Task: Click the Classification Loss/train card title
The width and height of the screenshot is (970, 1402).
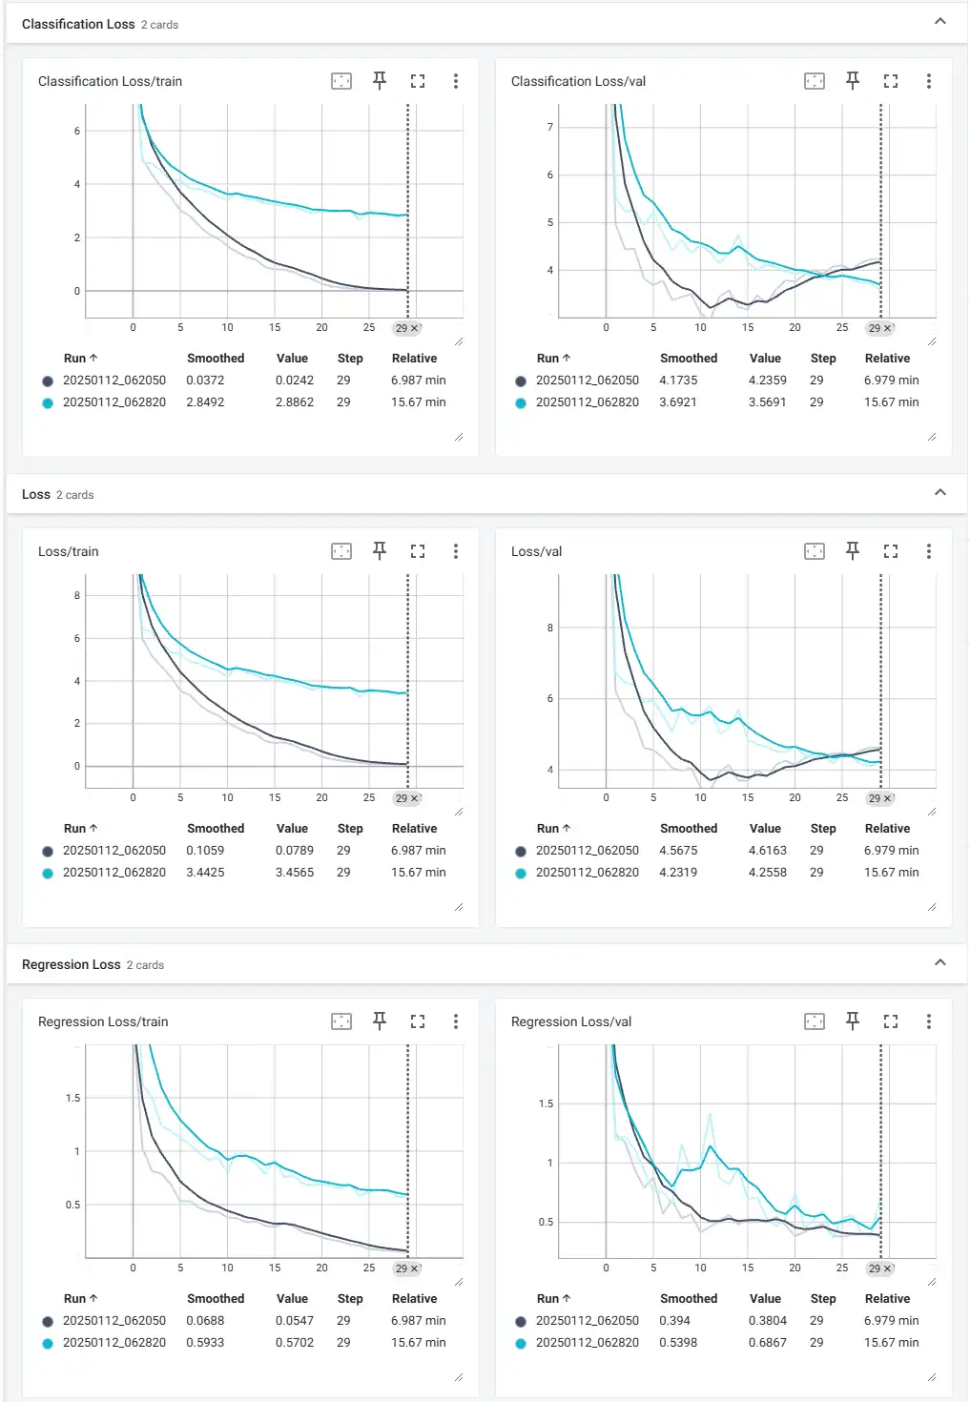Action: [110, 82]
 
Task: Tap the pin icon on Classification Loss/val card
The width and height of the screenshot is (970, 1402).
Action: [853, 81]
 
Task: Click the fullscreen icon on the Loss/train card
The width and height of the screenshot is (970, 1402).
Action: [418, 551]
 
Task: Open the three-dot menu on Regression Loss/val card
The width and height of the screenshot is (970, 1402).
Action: [929, 1021]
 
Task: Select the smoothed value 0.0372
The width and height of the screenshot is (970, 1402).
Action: [205, 381]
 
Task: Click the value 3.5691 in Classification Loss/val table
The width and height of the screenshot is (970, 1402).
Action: [767, 402]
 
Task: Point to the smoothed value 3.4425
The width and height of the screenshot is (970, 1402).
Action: [205, 873]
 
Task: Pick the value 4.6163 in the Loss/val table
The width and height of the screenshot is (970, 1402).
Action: [767, 851]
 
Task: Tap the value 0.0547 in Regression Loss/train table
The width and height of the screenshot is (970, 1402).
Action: [295, 1321]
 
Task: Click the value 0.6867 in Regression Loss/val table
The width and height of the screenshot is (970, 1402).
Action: [767, 1343]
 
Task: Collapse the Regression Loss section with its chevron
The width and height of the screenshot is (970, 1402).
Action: [940, 962]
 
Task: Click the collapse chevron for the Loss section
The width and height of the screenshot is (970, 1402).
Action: [940, 492]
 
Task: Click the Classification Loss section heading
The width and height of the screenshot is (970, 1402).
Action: [78, 24]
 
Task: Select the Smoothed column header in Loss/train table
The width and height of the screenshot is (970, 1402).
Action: [216, 829]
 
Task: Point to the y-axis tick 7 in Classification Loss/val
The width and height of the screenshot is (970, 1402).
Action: [549, 127]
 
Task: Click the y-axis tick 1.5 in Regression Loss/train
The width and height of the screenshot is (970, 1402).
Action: [72, 1098]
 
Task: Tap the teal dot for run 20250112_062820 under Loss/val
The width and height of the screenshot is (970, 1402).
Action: [521, 873]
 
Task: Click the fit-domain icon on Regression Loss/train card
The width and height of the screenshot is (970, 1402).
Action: [341, 1021]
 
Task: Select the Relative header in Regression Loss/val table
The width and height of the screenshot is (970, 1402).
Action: [887, 1299]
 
